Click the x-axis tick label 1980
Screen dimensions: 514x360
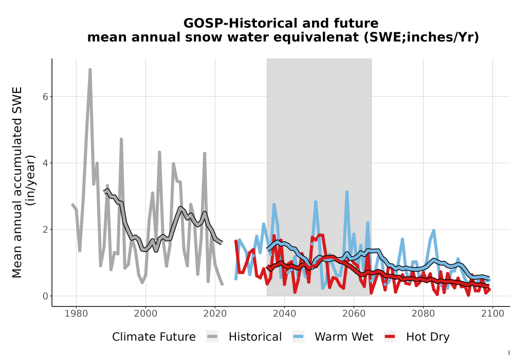pos(76,314)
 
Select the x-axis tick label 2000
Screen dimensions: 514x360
pos(145,314)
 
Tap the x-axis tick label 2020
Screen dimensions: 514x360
pos(215,314)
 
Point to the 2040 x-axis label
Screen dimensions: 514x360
pos(285,314)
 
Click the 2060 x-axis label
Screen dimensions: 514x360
pos(354,314)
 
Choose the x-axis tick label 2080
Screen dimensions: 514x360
pos(423,314)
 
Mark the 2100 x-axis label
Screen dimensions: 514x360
pos(493,314)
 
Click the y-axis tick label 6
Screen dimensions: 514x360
pos(45,97)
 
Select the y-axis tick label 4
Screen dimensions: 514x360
pos(45,163)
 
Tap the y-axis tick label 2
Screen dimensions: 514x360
pos(45,229)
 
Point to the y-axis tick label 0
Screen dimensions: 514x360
pos(45,296)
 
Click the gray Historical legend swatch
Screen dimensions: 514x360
pos(212,337)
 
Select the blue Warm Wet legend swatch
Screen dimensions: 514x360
pos(298,337)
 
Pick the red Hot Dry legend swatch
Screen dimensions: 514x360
pos(390,337)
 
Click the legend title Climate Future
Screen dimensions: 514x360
pos(154,337)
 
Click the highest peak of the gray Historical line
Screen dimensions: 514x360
pos(90,69)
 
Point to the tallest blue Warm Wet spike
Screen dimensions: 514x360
pos(347,192)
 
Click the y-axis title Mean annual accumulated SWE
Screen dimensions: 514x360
pos(17,182)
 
